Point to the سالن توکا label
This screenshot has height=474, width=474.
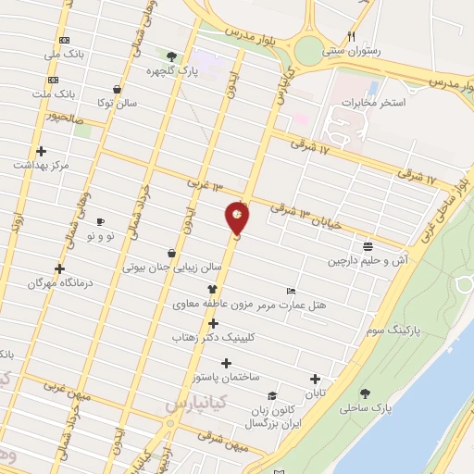click(x=118, y=102)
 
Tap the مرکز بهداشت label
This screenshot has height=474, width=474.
click(x=42, y=165)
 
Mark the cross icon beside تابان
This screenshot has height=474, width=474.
click(x=316, y=379)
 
